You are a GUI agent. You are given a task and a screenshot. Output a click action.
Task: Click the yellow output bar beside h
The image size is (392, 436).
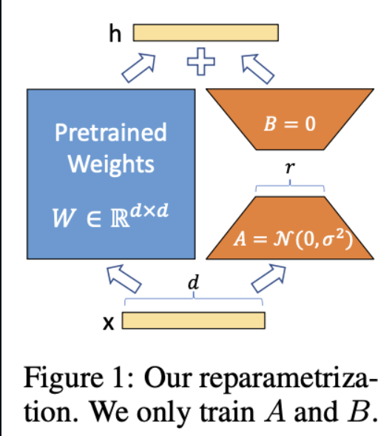pyautogui.click(x=206, y=33)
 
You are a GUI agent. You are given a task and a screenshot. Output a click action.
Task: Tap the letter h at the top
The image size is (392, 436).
pyautogui.click(x=115, y=33)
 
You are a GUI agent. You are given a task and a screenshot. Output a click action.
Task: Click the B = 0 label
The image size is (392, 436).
pyautogui.click(x=289, y=123)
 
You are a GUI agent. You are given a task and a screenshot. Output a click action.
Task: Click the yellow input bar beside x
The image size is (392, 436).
pyautogui.click(x=194, y=321)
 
